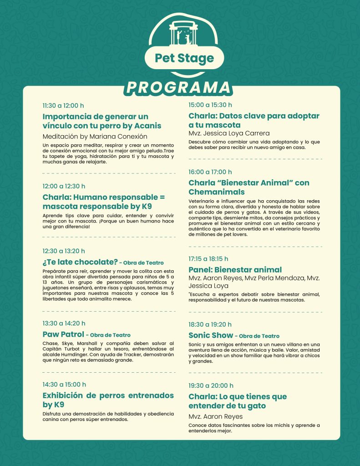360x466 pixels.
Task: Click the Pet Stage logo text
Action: (184, 58)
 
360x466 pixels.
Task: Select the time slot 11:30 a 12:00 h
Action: (63, 105)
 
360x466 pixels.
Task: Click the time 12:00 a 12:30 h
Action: (64, 186)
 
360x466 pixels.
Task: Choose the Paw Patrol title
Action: (63, 334)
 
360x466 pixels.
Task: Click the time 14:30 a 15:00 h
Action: (64, 384)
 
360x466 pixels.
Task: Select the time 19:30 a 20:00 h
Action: (211, 385)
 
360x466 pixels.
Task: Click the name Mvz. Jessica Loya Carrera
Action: (229, 133)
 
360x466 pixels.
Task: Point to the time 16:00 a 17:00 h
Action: (210, 172)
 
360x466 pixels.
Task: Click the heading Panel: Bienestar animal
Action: (235, 269)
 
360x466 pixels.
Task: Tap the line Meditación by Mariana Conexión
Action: (95, 136)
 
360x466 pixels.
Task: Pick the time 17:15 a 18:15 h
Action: (208, 258)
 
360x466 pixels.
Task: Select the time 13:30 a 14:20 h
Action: (64, 324)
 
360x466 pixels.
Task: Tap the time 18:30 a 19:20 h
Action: (210, 324)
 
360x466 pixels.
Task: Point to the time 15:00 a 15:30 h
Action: (210, 105)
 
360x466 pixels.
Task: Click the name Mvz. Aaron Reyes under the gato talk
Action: (215, 416)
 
